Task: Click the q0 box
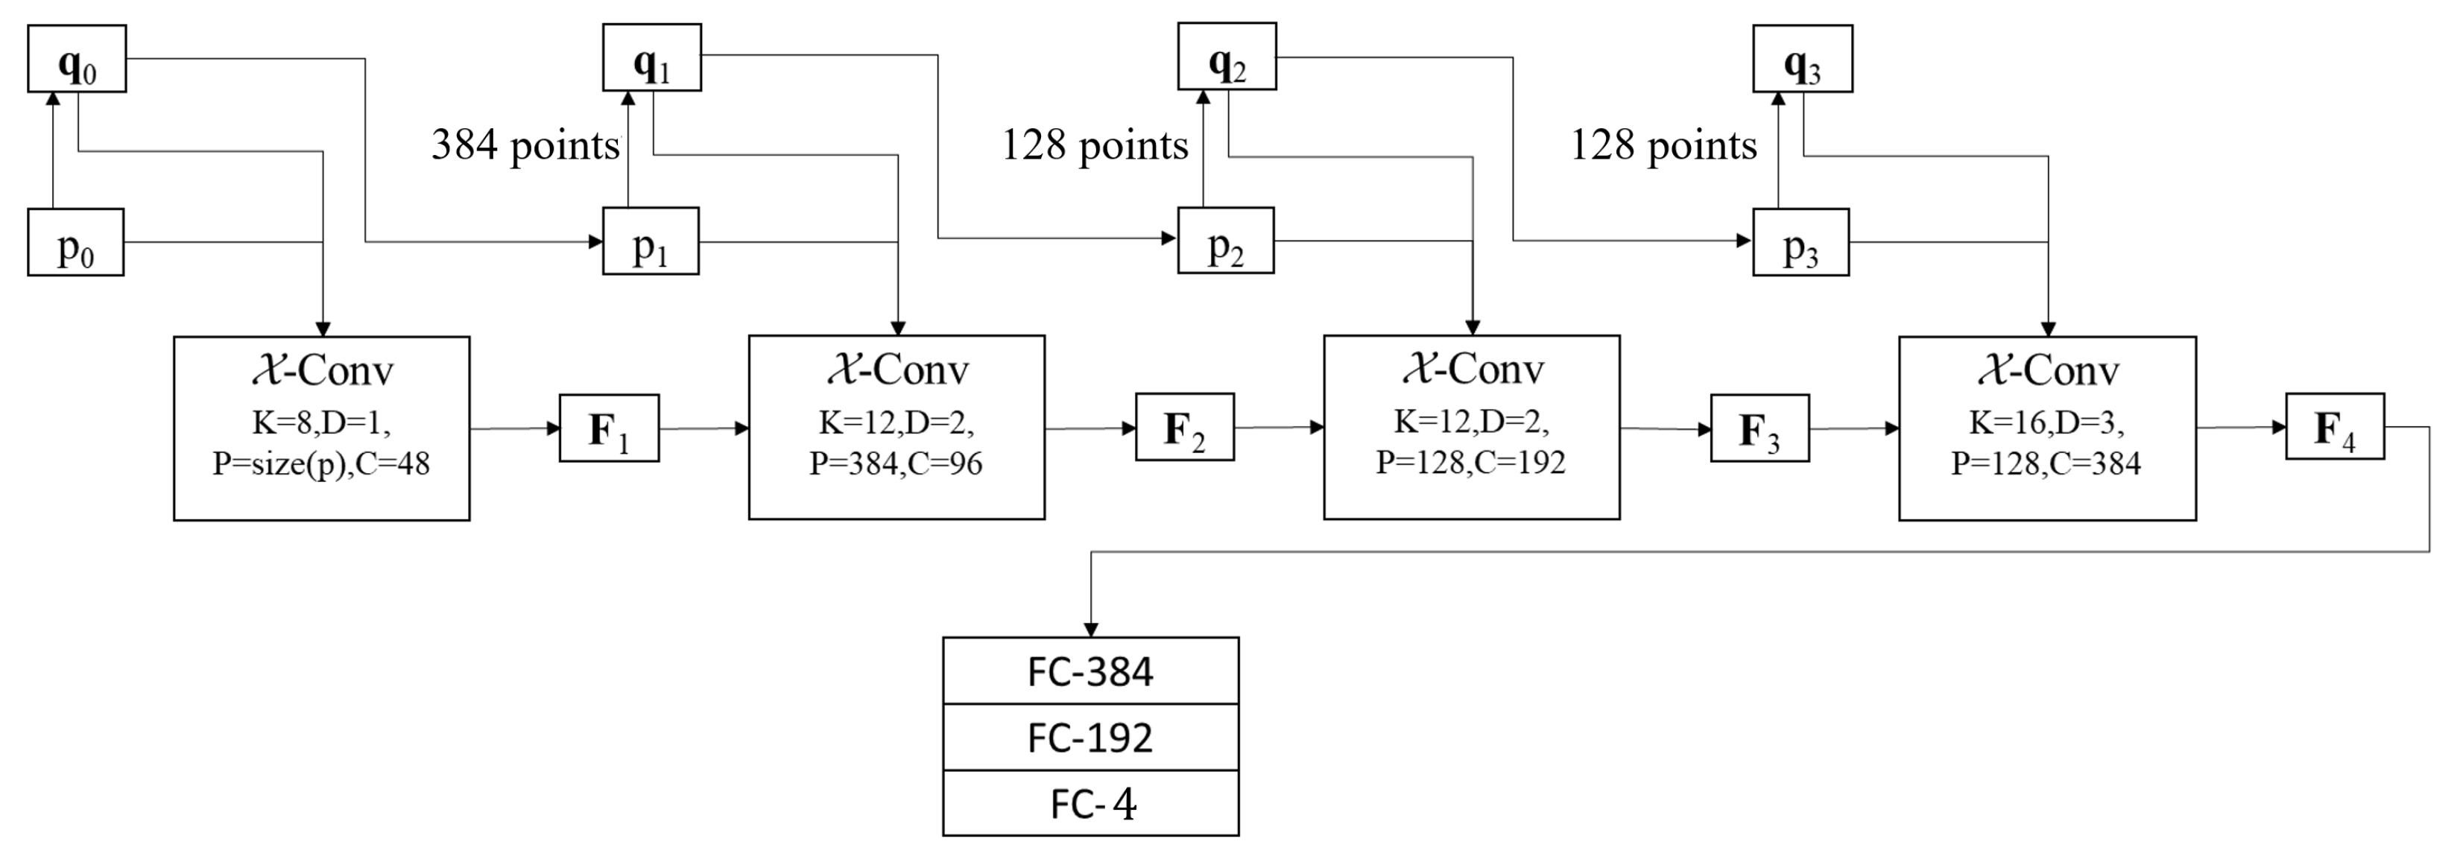[76, 59]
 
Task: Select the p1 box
[651, 241]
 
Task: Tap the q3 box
[1803, 59]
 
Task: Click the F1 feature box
[609, 428]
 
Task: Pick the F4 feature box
[2334, 426]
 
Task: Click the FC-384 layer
[1090, 671]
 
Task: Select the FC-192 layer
[1090, 737]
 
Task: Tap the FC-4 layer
[1090, 804]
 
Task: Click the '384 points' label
[525, 145]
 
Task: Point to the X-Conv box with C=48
[321, 428]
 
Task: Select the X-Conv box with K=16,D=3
[2047, 428]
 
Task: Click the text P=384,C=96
[896, 463]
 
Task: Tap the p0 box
[75, 242]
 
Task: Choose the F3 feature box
[1759, 428]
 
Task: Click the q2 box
[1227, 57]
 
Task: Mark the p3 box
[1800, 242]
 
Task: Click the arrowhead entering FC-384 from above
[1091, 630]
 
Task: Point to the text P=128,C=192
[1471, 463]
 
